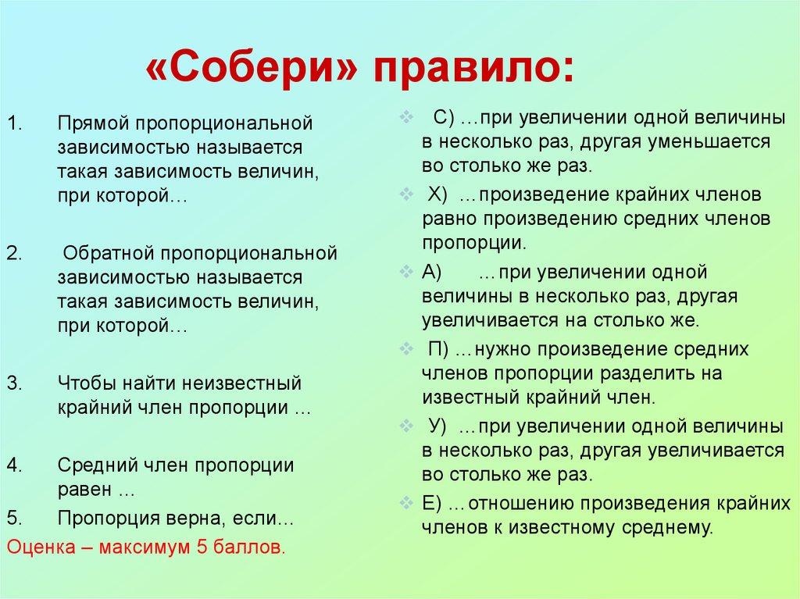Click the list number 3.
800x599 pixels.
point(15,383)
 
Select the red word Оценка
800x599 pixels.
point(40,547)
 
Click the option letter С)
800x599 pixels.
point(444,118)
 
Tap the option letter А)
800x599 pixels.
point(432,272)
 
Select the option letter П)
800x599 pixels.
point(439,348)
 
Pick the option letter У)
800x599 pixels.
point(437,426)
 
